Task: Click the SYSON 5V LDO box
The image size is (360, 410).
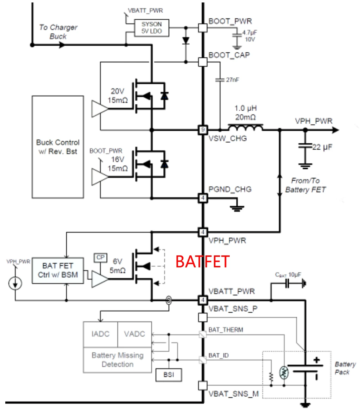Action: [152, 28]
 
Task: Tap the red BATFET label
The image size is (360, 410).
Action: [202, 262]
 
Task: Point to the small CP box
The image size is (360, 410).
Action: [100, 258]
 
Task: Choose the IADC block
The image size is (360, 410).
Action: [100, 334]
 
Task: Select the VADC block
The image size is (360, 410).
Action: [135, 334]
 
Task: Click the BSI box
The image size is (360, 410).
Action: [169, 375]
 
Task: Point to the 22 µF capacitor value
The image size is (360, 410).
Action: [323, 147]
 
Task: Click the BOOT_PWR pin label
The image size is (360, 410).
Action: [230, 21]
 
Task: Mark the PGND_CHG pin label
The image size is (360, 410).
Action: [230, 190]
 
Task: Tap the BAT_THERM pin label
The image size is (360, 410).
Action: [225, 330]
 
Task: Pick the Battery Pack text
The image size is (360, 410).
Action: [345, 368]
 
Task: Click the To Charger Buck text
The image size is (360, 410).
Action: [58, 32]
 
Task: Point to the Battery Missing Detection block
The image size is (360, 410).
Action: [117, 360]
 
